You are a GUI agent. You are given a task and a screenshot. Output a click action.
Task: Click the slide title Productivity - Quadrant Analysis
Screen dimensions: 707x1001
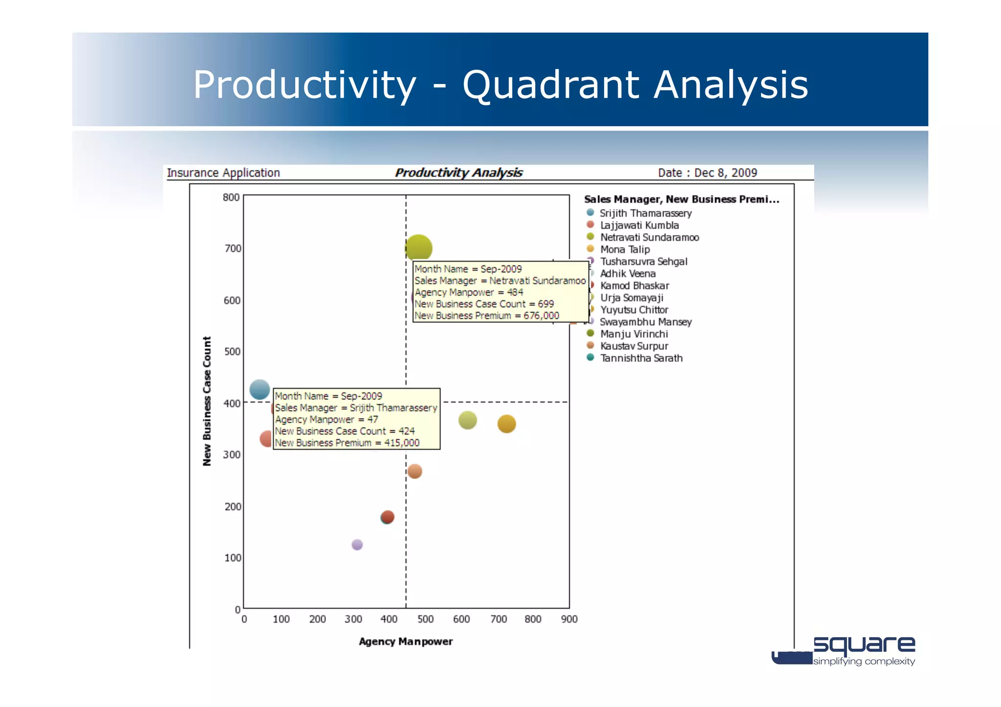coord(500,85)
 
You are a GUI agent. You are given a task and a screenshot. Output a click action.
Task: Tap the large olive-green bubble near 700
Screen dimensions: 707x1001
coord(418,248)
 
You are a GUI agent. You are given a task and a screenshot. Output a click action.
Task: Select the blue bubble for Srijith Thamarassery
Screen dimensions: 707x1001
coord(260,389)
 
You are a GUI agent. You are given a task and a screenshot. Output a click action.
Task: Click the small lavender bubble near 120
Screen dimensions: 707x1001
coord(357,544)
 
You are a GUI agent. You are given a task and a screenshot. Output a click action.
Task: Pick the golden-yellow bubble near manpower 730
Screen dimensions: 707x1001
coord(506,424)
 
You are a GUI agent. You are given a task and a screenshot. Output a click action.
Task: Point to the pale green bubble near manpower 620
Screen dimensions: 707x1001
coord(468,420)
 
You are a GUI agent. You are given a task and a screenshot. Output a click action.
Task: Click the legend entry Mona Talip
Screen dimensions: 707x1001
coord(625,249)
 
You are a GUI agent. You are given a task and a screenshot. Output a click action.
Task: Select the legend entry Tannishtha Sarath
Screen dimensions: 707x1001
coord(641,358)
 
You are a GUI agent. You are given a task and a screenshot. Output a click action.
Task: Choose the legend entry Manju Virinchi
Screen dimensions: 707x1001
coord(633,334)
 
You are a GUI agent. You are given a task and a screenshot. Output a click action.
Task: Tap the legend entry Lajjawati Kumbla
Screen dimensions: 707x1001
coord(639,225)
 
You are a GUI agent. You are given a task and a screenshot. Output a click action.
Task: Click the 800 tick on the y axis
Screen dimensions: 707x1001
coord(231,197)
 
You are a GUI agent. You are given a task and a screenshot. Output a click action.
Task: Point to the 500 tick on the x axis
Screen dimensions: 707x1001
coord(425,619)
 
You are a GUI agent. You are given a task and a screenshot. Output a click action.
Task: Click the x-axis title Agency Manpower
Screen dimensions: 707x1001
coord(405,642)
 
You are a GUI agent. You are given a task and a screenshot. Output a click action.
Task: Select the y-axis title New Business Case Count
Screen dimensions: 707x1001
coord(207,401)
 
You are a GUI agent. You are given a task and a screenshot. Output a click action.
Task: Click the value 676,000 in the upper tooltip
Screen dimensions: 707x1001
coord(541,316)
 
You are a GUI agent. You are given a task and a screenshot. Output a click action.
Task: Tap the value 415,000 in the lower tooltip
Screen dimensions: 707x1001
coord(401,443)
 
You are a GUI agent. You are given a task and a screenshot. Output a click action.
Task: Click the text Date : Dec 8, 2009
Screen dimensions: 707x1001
coord(707,172)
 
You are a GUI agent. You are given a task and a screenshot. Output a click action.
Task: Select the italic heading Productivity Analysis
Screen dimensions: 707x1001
coord(458,172)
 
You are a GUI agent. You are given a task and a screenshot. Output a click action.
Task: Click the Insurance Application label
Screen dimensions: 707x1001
coord(223,172)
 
